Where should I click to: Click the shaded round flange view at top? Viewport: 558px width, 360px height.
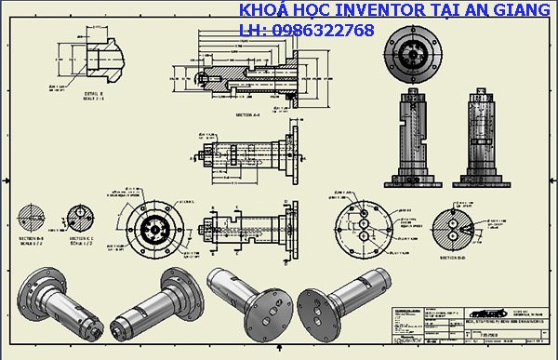410,51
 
